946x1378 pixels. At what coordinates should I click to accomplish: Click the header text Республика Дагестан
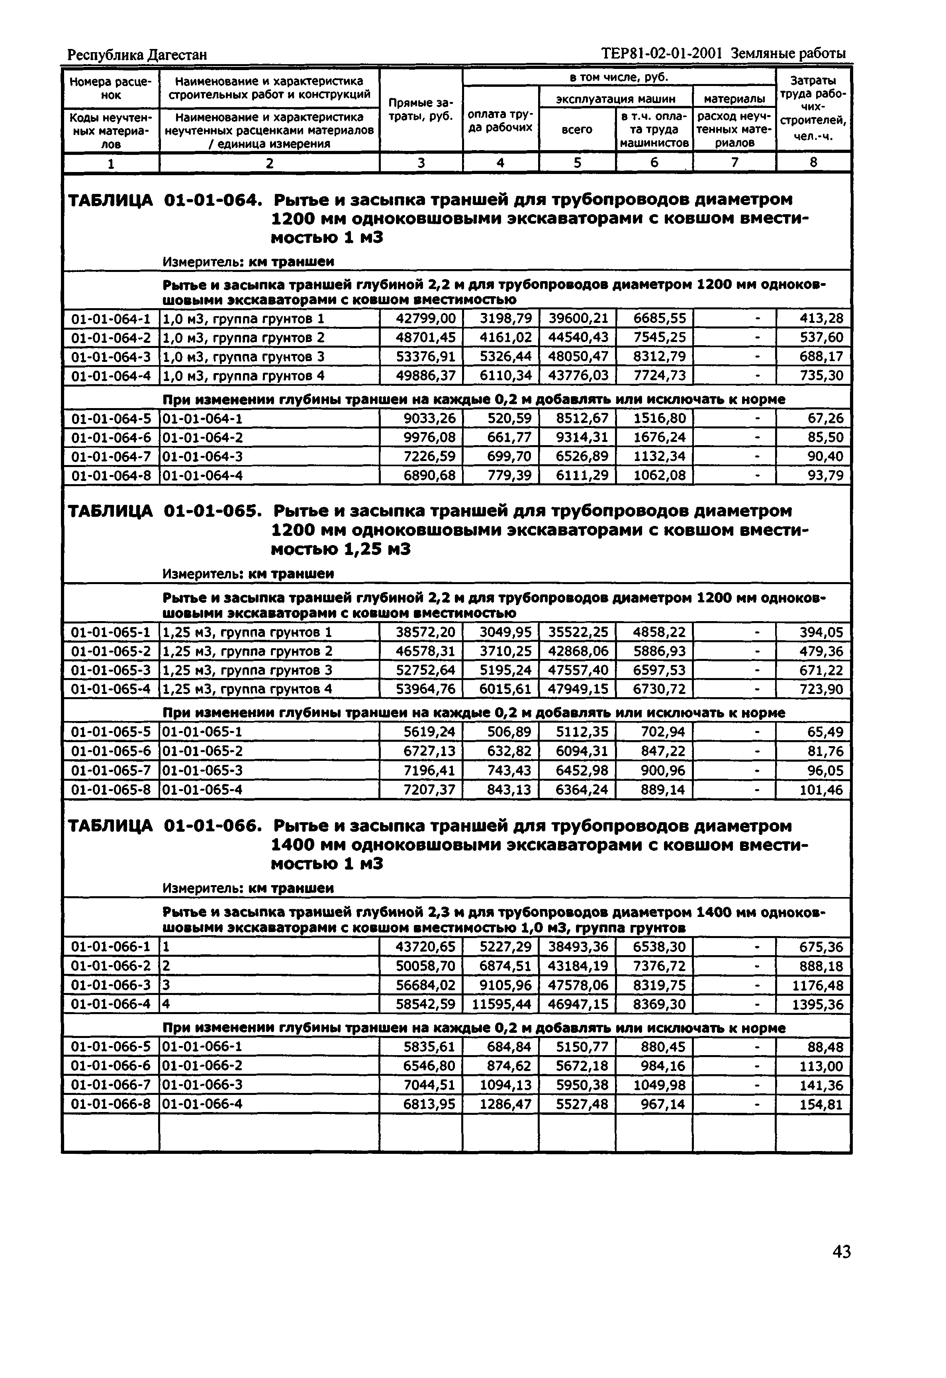[137, 55]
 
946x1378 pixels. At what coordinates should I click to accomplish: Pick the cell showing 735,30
[821, 376]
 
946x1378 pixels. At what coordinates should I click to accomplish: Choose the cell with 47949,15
[578, 689]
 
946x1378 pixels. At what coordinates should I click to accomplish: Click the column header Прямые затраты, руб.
[421, 110]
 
